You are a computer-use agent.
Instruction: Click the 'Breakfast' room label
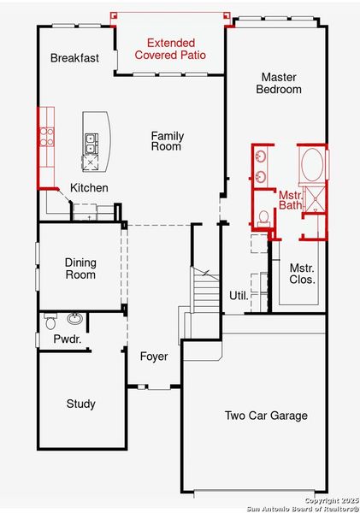(x=74, y=58)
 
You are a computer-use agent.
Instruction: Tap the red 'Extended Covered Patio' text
(x=170, y=49)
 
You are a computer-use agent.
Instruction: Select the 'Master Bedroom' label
(x=281, y=83)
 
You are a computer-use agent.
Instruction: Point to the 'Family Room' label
(x=167, y=141)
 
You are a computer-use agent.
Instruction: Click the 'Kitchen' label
(x=89, y=188)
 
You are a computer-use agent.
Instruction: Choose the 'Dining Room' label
(x=80, y=268)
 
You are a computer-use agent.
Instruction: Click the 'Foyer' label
(x=154, y=357)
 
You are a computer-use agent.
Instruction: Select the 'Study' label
(x=80, y=404)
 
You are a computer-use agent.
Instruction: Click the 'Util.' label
(x=239, y=296)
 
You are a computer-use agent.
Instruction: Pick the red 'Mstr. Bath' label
(x=291, y=202)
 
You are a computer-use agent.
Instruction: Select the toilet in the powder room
(x=50, y=322)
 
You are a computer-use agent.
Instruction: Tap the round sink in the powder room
(x=75, y=319)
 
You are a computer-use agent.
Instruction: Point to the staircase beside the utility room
(x=205, y=291)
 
